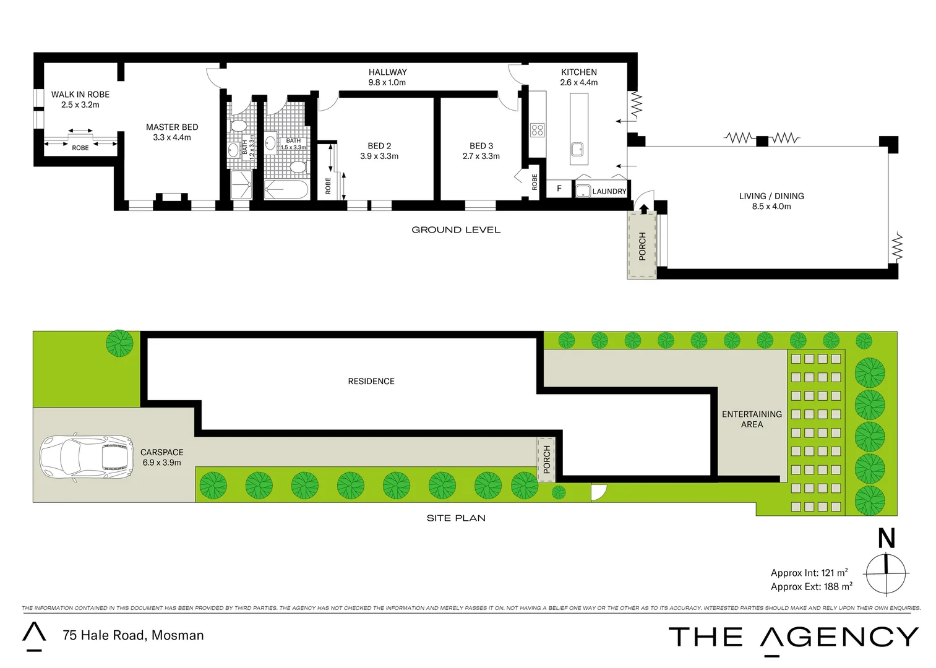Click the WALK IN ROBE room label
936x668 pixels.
pyautogui.click(x=80, y=95)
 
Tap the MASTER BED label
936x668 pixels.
pyautogui.click(x=172, y=127)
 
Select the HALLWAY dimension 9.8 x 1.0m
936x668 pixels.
pyautogui.click(x=387, y=82)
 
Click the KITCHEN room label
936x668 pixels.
pyautogui.click(x=579, y=72)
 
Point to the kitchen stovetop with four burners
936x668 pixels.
pyautogui.click(x=537, y=130)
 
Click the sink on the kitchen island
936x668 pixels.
pyautogui.click(x=577, y=149)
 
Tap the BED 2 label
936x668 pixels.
pyautogui.click(x=379, y=146)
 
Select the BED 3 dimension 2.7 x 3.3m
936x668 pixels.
pyautogui.click(x=481, y=156)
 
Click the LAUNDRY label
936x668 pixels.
pyautogui.click(x=609, y=191)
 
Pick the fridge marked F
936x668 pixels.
pyautogui.click(x=559, y=189)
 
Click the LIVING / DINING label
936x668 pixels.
pyautogui.click(x=771, y=196)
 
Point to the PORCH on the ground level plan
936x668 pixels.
pyautogui.click(x=642, y=246)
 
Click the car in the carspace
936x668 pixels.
pyautogui.click(x=87, y=458)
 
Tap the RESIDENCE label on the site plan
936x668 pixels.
pyautogui.click(x=371, y=381)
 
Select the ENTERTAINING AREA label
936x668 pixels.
pyautogui.click(x=752, y=419)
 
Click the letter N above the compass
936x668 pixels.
pyautogui.click(x=887, y=538)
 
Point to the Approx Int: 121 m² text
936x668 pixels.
pyautogui.click(x=809, y=573)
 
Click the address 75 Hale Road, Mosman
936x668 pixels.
pyautogui.click(x=133, y=635)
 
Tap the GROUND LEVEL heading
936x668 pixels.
pyautogui.click(x=456, y=229)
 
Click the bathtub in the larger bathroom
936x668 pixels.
pyautogui.click(x=286, y=190)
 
